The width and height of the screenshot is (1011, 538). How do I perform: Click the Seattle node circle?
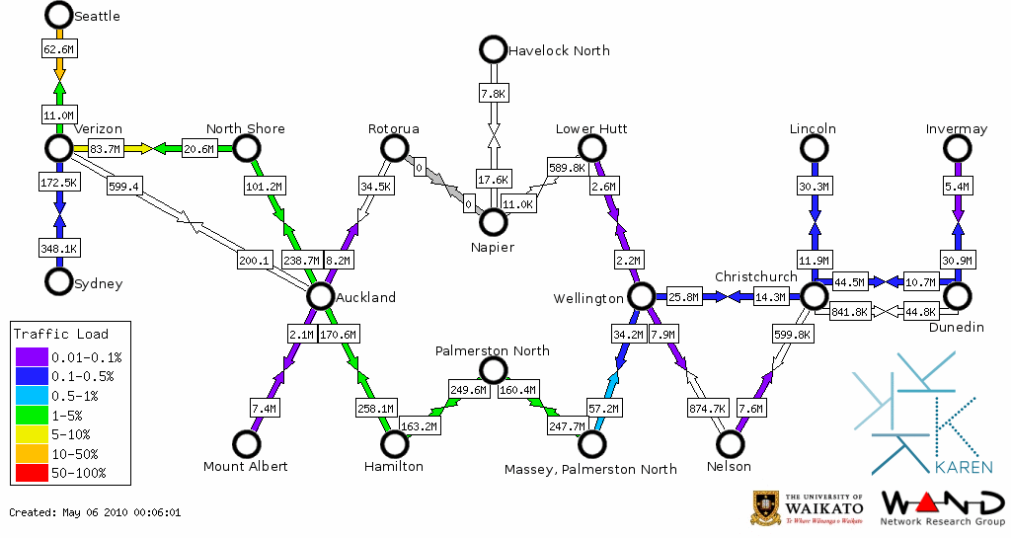[x=59, y=15]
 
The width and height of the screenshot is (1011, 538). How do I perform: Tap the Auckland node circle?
[x=320, y=295]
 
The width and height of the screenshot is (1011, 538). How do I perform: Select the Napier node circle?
[x=493, y=221]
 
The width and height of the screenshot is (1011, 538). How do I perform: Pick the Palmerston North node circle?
[x=493, y=370]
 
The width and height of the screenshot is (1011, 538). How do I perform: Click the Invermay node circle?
[x=956, y=148]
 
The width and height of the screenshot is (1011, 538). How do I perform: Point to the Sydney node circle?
[x=59, y=281]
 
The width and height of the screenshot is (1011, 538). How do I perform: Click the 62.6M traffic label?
[x=59, y=48]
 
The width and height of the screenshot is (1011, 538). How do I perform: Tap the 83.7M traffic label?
[x=105, y=149]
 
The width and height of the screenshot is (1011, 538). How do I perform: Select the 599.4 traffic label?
[x=124, y=186]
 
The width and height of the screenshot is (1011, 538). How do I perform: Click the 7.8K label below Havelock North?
[x=493, y=94]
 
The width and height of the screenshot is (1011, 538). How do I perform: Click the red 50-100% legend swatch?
[x=30, y=473]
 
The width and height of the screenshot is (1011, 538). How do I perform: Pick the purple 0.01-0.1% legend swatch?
[x=30, y=357]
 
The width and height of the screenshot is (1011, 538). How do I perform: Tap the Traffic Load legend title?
[x=61, y=334]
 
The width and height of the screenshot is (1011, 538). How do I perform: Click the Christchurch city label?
[x=755, y=276]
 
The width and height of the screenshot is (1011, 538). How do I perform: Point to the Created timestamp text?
[x=95, y=513]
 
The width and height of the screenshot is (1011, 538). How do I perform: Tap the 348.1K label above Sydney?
[x=59, y=247]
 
